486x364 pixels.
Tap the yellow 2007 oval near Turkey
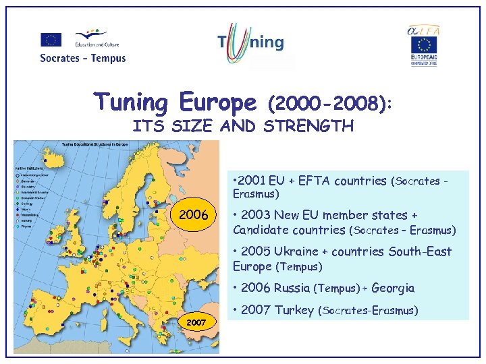click(195, 323)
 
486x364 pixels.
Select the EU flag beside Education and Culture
click(51, 40)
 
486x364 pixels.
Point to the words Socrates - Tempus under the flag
click(82, 58)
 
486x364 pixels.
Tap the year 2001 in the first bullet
click(252, 180)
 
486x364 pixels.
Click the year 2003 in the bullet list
click(254, 215)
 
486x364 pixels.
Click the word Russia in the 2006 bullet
click(292, 288)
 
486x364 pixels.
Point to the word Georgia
click(393, 288)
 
